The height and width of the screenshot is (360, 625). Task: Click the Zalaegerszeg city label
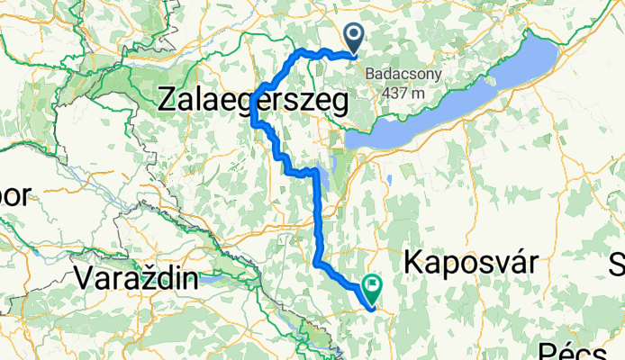click(x=252, y=101)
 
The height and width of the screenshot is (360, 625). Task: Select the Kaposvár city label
click(x=471, y=262)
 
